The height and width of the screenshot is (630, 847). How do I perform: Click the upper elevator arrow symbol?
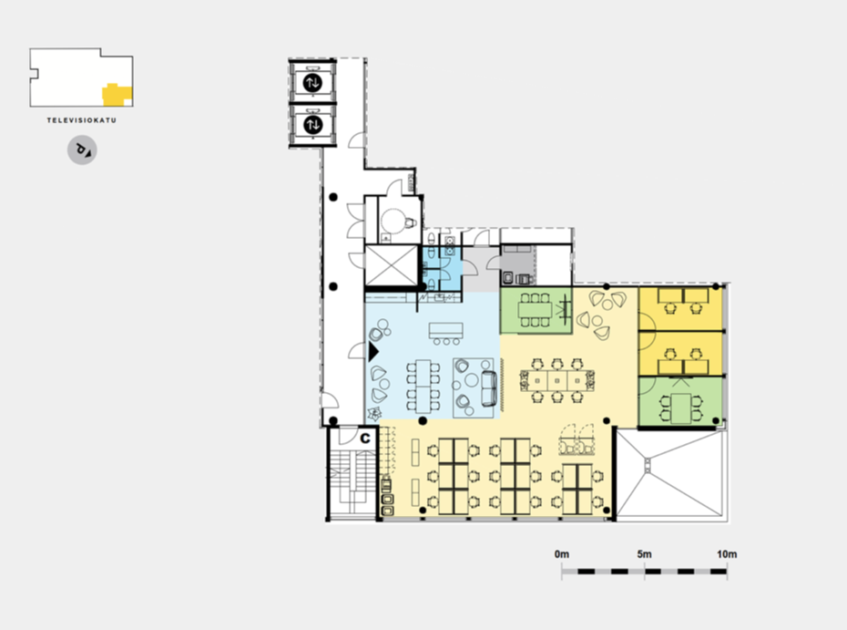coord(312,83)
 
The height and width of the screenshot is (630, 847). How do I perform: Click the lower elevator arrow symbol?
coord(312,124)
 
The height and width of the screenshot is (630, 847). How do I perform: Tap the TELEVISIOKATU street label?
coord(82,120)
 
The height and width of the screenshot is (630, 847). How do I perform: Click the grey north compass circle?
coord(82,150)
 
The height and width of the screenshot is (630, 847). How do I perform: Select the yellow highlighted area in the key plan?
coord(117,95)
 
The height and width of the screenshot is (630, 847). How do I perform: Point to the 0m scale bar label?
coord(562,554)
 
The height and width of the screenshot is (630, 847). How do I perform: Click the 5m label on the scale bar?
coord(644,554)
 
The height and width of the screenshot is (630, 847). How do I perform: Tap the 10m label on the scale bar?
coord(727,554)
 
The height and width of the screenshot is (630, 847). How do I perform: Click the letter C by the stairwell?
coord(366,438)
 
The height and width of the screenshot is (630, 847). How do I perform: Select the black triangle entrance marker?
coord(373,352)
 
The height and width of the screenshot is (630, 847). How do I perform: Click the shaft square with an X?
coord(392,265)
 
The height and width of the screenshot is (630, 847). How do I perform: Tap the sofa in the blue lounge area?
coord(489,388)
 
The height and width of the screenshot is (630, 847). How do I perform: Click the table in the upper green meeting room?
coord(535,310)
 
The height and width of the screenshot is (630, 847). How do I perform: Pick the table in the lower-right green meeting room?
coord(680,408)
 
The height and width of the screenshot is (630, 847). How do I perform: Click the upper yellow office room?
coord(680,309)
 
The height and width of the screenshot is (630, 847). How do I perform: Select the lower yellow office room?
coord(680,354)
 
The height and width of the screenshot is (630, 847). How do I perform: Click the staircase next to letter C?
coord(352,481)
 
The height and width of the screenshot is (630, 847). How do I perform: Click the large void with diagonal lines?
coord(669,473)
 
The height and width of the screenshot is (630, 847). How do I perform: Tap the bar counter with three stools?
coord(446,333)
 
